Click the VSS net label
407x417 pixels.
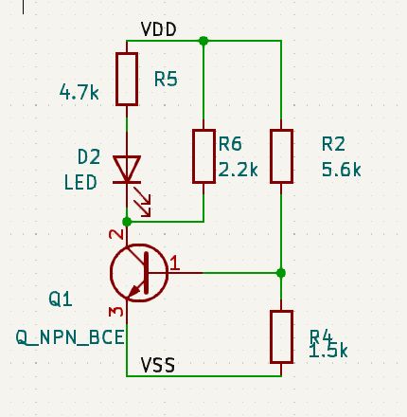158,364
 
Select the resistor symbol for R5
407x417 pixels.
127,79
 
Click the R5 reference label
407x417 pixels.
168,80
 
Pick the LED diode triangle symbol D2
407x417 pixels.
127,170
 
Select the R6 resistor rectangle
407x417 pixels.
203,155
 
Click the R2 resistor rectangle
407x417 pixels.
281,155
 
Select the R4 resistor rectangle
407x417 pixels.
281,335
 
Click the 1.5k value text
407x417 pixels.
328,351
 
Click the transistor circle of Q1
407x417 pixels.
137,273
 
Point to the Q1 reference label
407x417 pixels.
61,299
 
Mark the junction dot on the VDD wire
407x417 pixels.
203,42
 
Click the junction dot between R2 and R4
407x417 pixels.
281,273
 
